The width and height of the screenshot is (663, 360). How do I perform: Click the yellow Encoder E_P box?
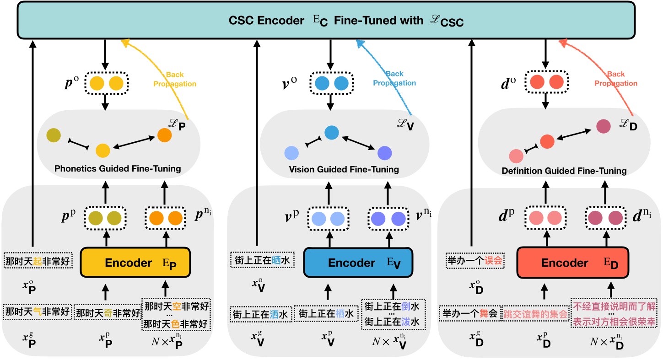[x=135, y=263]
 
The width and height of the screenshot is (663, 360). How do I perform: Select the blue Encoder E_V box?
[x=358, y=263]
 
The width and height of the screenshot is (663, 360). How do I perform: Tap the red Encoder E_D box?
[x=573, y=263]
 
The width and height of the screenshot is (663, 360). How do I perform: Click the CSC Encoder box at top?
[x=326, y=20]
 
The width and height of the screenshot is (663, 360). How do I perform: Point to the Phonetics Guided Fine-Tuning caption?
[x=118, y=169]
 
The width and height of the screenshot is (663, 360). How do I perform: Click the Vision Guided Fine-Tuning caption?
[x=344, y=170]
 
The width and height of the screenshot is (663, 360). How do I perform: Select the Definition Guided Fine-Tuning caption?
[x=564, y=171]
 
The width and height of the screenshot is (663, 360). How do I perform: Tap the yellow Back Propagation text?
[x=175, y=79]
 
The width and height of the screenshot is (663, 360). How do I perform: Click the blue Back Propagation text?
[x=394, y=78]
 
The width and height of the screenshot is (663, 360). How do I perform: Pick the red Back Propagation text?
[x=616, y=79]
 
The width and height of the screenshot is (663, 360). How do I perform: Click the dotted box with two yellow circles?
[x=106, y=83]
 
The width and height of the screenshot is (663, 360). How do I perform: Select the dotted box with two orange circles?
[x=165, y=218]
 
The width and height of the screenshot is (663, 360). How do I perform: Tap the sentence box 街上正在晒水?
[x=262, y=260]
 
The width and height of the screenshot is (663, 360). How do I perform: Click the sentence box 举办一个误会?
[x=475, y=261]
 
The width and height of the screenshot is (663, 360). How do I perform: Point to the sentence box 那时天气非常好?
[x=38, y=312]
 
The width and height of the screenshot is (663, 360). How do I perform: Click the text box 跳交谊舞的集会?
[x=536, y=313]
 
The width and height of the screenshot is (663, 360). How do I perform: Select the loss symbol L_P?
[x=177, y=124]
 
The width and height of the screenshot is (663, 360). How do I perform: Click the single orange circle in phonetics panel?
[x=165, y=135]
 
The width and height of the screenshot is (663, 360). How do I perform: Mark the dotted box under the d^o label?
[x=547, y=82]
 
